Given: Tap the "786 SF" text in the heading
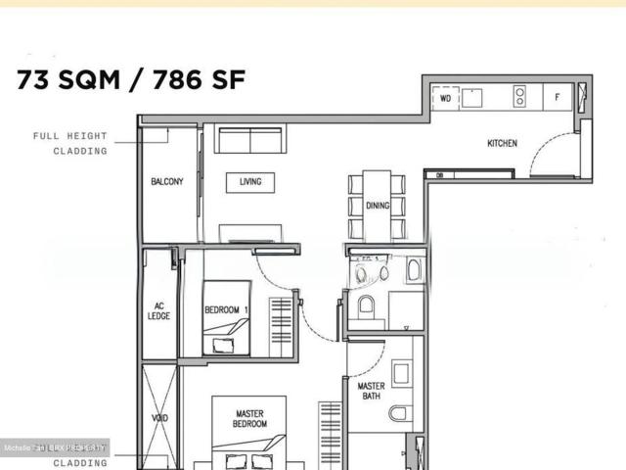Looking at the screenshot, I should click(191, 80).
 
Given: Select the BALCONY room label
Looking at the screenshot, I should click(167, 182).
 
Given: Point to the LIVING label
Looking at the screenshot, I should click(249, 181).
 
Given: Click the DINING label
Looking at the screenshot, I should click(378, 206).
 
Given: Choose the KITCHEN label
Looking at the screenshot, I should click(502, 144).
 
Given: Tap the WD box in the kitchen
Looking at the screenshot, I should click(445, 98).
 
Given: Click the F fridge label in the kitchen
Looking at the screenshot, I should click(558, 97).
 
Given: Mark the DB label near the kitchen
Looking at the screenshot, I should click(439, 175).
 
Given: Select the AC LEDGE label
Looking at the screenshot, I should click(159, 310).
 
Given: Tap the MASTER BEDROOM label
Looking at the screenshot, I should click(249, 419).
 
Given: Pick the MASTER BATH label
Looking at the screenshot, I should click(368, 392).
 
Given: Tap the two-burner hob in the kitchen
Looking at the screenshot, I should click(520, 97).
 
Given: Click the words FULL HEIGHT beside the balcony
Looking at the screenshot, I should click(70, 136).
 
